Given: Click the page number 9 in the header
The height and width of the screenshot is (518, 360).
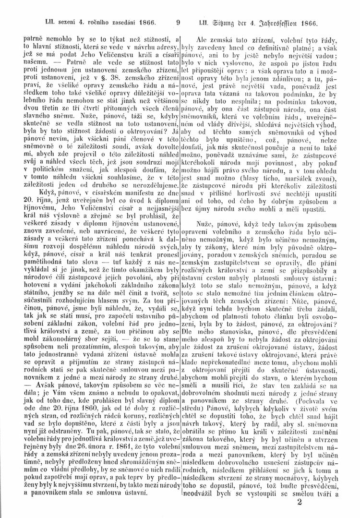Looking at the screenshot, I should [x=178, y=22].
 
